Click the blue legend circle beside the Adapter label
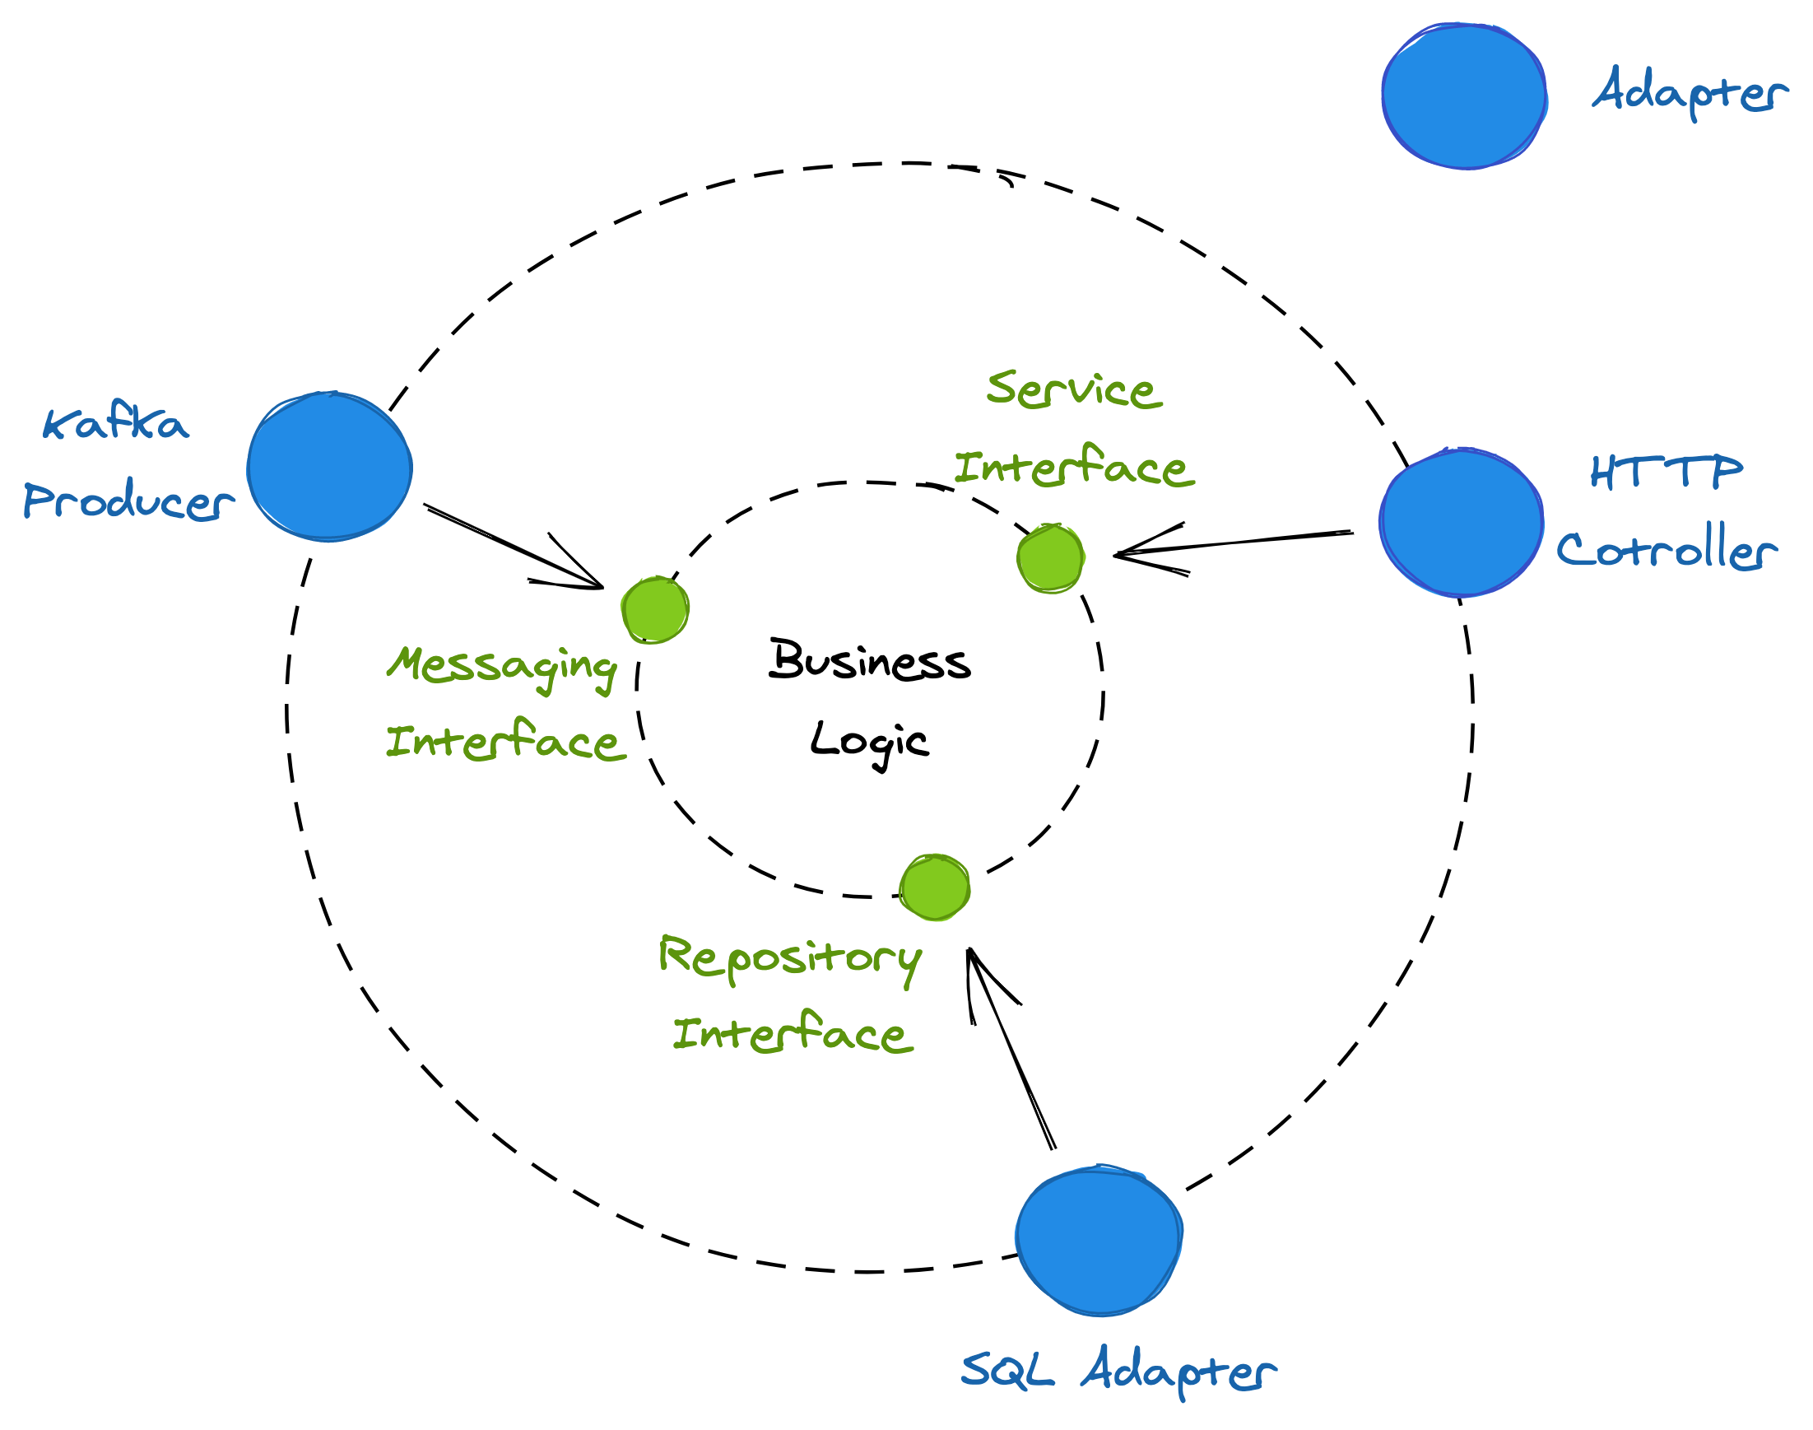click(x=1463, y=96)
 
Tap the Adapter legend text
click(x=1689, y=92)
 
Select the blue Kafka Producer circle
click(x=330, y=467)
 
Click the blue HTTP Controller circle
click(x=1461, y=523)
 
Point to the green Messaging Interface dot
click(x=655, y=609)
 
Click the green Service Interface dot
click(x=1050, y=558)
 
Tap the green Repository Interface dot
click(x=935, y=887)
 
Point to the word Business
click(x=870, y=660)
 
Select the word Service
click(x=1074, y=390)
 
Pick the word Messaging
click(x=502, y=668)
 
